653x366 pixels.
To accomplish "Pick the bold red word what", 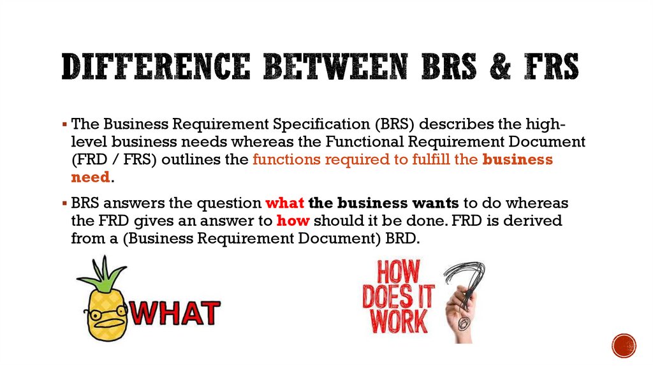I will click(x=284, y=203).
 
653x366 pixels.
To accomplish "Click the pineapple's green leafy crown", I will click(x=102, y=274).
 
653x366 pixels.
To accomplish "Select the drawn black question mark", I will click(x=469, y=281).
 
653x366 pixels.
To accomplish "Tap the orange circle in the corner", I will click(x=624, y=345).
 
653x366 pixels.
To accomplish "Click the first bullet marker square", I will click(x=66, y=124).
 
